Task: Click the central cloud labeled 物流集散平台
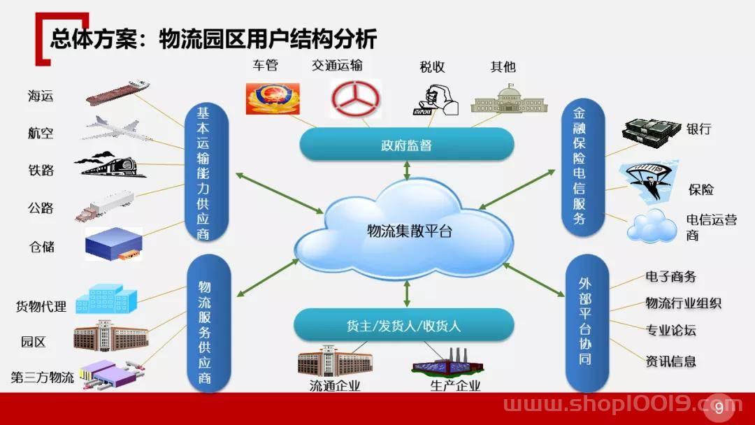(x=405, y=230)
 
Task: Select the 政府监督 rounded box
(x=407, y=145)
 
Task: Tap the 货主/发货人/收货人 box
(x=403, y=325)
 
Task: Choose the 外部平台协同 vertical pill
(x=585, y=322)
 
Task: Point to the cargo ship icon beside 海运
(x=117, y=92)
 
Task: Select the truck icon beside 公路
(x=104, y=206)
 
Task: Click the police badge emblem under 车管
(x=273, y=99)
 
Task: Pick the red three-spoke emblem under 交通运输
(x=355, y=99)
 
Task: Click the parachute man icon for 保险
(x=651, y=182)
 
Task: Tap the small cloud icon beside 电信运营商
(x=652, y=226)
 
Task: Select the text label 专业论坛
(x=670, y=330)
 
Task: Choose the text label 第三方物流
(x=43, y=377)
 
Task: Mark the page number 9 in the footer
(x=719, y=408)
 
